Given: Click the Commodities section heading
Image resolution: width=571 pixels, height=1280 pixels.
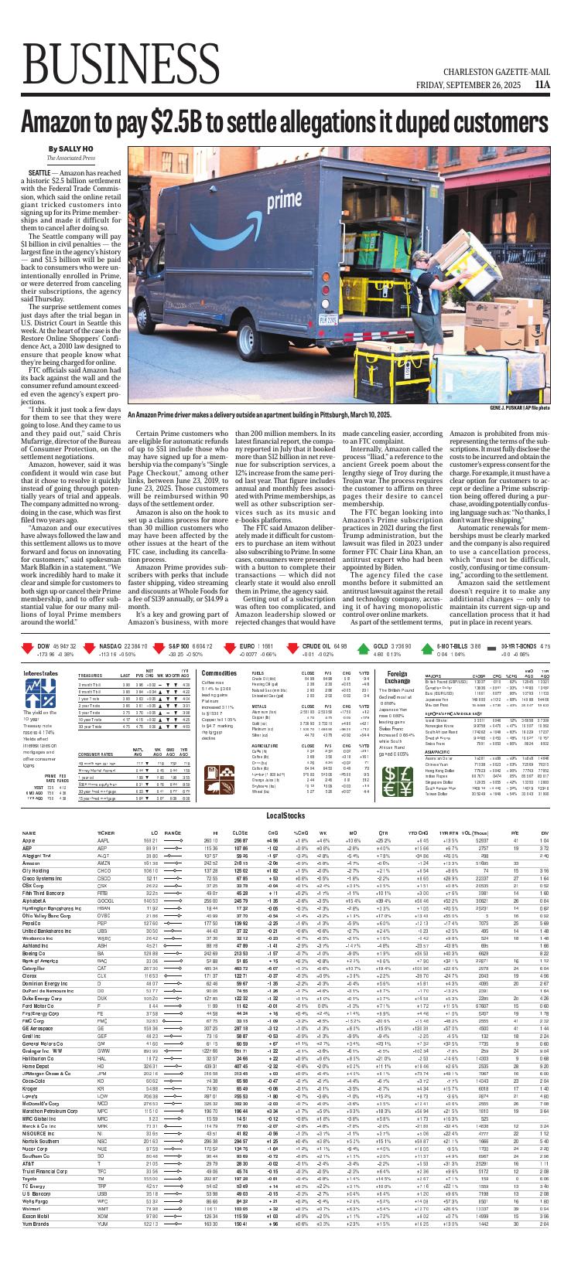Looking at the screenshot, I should [x=219, y=673].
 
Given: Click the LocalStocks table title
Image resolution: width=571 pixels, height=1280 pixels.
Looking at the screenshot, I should [x=285, y=794].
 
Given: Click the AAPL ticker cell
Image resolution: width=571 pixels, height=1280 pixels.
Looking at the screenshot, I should [x=103, y=819].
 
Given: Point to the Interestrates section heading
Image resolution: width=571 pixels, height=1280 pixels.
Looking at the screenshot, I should [x=41, y=673].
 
